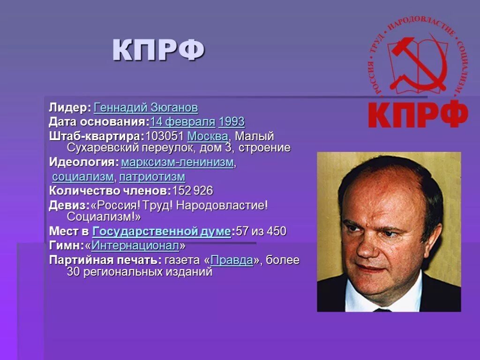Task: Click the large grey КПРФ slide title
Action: (x=158, y=51)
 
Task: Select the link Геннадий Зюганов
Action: (x=146, y=108)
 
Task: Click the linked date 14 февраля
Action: (x=182, y=122)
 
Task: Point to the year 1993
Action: (x=232, y=122)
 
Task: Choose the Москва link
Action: (x=208, y=136)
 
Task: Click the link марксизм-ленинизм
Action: (x=177, y=163)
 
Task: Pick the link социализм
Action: (x=83, y=177)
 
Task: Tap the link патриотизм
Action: (x=152, y=177)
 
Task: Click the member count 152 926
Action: (x=193, y=191)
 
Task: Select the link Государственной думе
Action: (x=162, y=232)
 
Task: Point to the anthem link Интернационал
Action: (x=135, y=246)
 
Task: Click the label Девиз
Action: (x=67, y=205)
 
